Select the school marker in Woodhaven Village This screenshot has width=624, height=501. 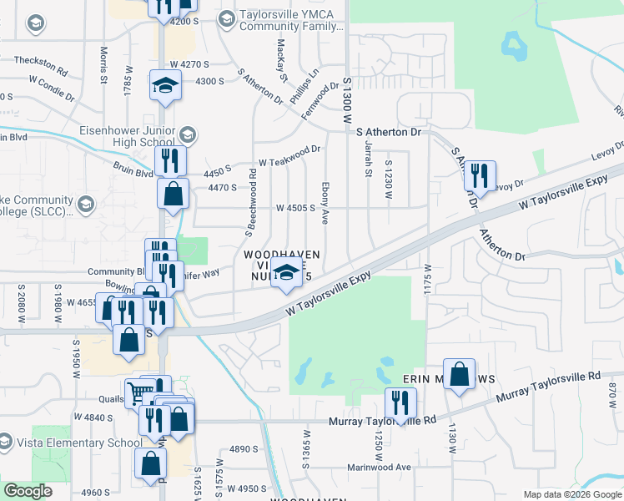(286, 273)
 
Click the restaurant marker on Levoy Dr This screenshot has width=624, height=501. (479, 175)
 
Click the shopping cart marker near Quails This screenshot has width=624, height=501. (139, 391)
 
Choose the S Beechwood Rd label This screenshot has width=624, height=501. (249, 198)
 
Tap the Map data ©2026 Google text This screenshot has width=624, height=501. (571, 494)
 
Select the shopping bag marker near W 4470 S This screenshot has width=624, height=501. (173, 195)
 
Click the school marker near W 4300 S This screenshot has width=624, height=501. (165, 86)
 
